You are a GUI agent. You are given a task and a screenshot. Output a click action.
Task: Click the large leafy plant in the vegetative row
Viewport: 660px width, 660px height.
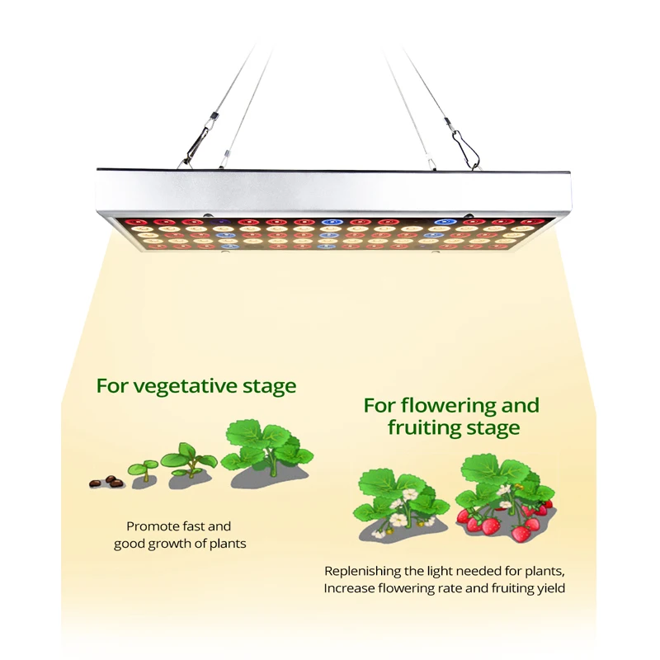pos(266,450)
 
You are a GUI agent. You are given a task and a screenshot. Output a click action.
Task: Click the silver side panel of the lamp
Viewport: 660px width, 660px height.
pos(330,190)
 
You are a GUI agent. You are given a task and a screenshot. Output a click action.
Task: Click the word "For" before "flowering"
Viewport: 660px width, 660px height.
pos(379,406)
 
